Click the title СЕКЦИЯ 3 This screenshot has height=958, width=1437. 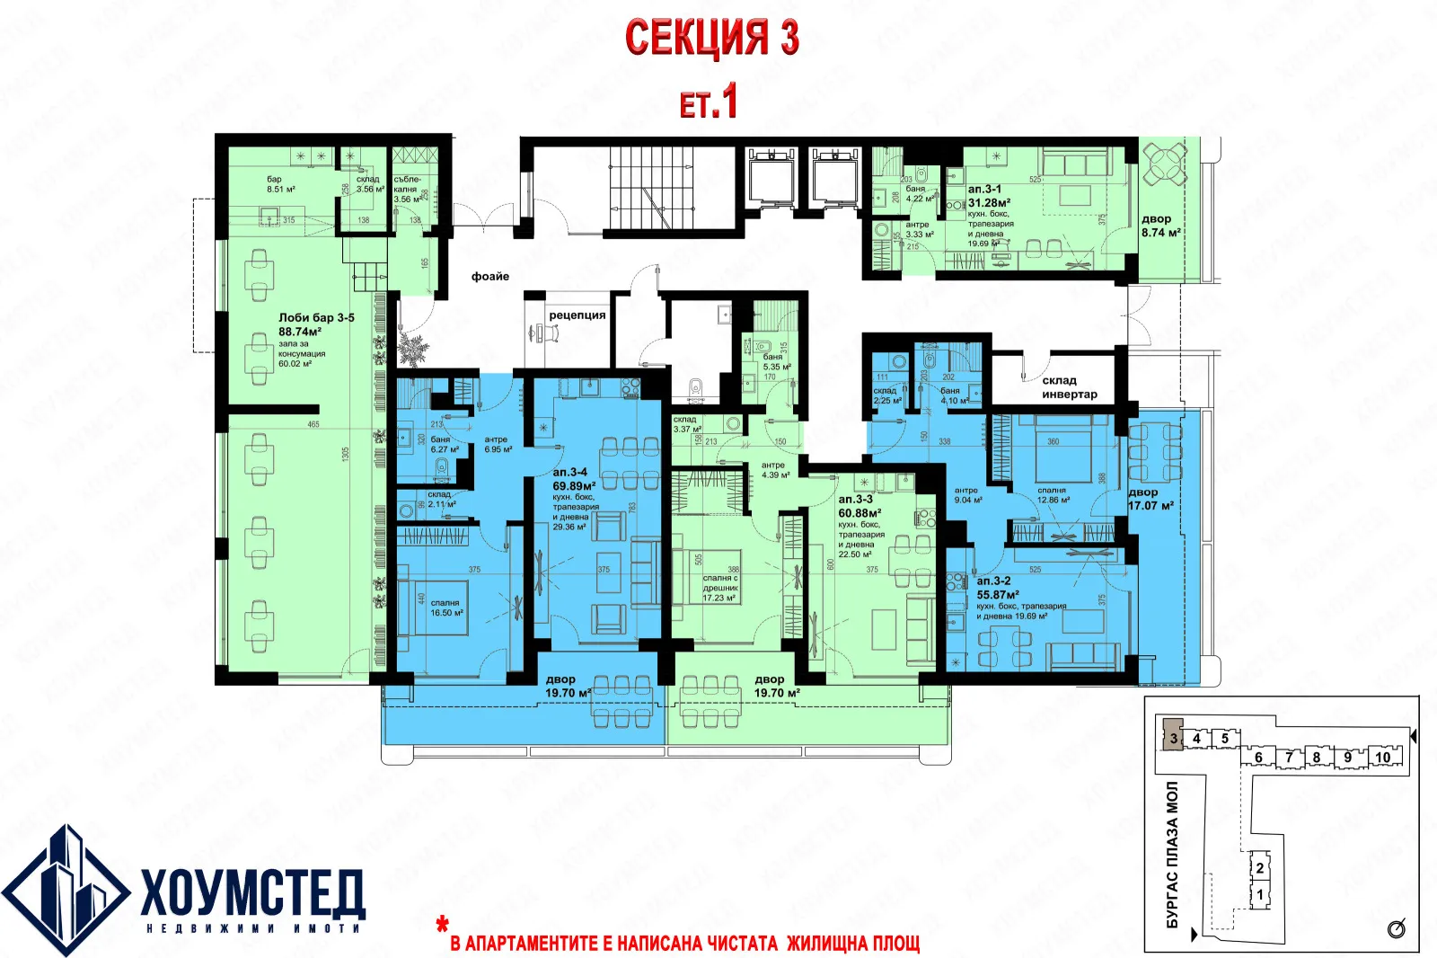[711, 39]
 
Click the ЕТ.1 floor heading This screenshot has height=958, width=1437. [709, 101]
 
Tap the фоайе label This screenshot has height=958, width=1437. [490, 276]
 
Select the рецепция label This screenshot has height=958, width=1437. [577, 315]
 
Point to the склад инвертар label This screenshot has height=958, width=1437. [1069, 387]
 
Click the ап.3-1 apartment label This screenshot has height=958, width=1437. [984, 191]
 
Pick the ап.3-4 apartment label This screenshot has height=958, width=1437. [569, 472]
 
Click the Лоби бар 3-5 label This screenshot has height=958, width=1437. [316, 317]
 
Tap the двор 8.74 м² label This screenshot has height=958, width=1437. [1160, 226]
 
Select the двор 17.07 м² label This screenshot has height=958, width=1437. [1150, 499]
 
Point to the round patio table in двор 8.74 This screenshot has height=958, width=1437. [1165, 164]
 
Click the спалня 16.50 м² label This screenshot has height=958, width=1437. [446, 608]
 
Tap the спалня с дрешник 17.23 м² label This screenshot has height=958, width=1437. [720, 588]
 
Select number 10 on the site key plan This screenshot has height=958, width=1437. [1382, 758]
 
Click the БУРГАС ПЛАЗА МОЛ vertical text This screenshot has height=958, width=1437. [1171, 854]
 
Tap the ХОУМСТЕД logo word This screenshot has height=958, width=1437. [252, 892]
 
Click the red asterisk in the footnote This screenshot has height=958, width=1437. [442, 924]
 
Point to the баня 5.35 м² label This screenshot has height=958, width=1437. [776, 362]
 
